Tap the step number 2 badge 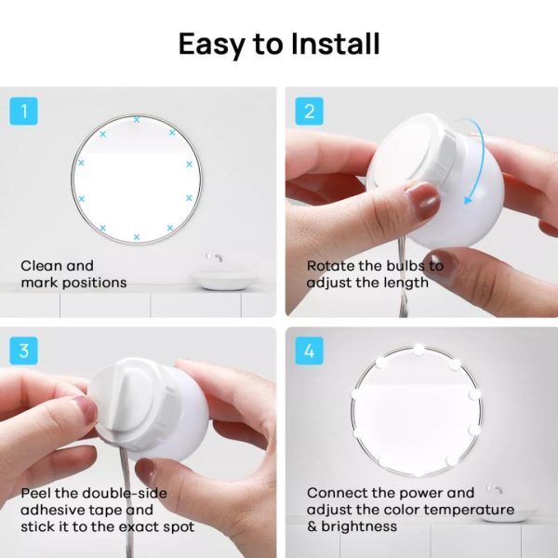310,113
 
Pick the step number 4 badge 310,352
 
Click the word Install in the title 326,44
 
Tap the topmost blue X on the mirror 137,120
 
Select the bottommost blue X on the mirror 137,238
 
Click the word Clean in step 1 42,266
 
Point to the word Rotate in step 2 332,266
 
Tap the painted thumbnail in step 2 421,201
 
